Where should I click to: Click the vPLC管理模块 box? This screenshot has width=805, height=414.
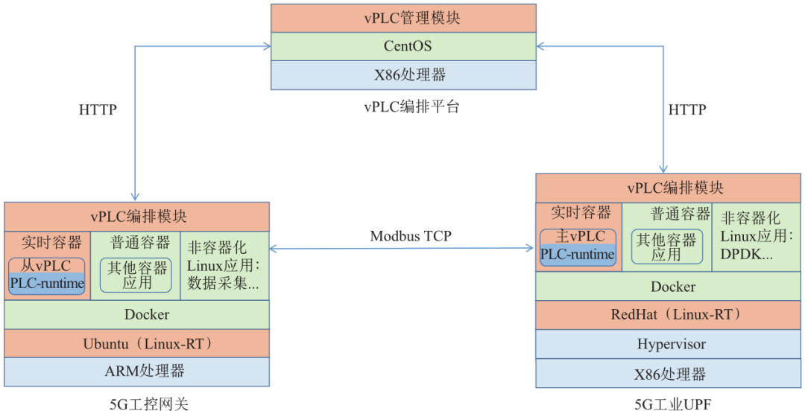402,18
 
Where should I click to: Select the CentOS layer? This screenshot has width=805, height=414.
402,46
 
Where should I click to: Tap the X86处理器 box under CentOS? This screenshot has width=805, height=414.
402,74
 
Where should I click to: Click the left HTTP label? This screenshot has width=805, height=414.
98,109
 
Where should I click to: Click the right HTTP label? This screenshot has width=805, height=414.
686,109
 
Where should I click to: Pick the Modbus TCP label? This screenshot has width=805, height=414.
411,236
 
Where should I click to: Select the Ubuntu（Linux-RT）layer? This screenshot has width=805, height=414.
137,343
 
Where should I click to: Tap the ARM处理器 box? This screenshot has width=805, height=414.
137,371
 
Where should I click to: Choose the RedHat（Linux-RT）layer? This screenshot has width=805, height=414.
668,315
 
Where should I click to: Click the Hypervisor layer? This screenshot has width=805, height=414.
668,344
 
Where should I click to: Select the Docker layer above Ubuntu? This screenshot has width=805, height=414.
137,314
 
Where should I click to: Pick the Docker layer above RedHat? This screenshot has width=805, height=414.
668,286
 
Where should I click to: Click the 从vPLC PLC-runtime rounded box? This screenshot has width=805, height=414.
47,276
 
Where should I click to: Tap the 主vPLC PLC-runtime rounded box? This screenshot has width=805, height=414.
578,246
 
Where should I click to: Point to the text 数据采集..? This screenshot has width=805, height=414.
223,284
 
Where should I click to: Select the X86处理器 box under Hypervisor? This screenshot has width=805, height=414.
668,373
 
